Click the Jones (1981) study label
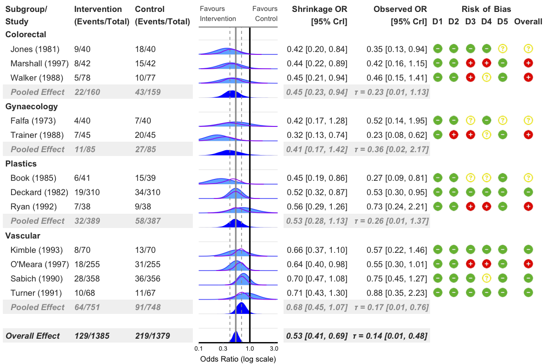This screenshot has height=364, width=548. tap(34, 49)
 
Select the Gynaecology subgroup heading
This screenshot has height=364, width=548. tap(32, 106)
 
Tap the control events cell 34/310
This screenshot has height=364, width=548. tap(148, 192)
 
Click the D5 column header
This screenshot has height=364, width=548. tap(502, 21)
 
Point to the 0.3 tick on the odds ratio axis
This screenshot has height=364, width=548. tap(223, 348)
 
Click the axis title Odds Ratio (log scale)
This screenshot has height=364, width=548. tap(238, 359)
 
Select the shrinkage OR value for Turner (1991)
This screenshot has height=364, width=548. tap(317, 293)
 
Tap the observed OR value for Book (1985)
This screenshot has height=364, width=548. tap(397, 178)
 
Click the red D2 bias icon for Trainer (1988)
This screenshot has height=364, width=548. tap(454, 135)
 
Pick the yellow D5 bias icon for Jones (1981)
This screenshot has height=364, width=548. tap(502, 48)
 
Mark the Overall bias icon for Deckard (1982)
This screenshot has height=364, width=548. tap(528, 192)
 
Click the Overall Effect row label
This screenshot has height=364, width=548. tap(32, 336)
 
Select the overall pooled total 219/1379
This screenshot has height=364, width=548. tap(152, 336)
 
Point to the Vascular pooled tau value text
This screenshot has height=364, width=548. tap(391, 307)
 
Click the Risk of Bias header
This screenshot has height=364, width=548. tap(486, 9)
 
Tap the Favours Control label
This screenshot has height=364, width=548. tap(265, 14)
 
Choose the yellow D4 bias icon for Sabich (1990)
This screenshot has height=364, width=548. tap(486, 278)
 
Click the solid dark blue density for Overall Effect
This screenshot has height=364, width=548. tap(235, 338)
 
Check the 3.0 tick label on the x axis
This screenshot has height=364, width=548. tap(274, 348)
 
